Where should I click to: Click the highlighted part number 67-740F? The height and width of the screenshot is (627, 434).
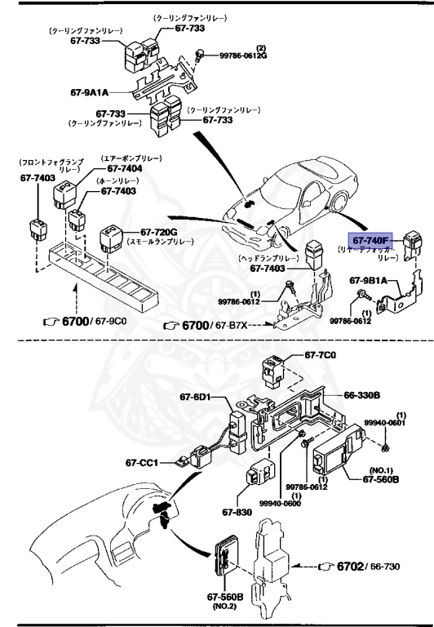point(370,239)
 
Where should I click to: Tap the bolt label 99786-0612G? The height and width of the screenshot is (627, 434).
point(242,55)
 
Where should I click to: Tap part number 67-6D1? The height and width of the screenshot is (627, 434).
point(195,398)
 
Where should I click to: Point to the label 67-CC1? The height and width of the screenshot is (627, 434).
point(141,463)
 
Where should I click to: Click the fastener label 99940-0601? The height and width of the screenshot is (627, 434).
point(384,423)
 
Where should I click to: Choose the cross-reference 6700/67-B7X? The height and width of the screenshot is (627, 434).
point(215,325)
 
